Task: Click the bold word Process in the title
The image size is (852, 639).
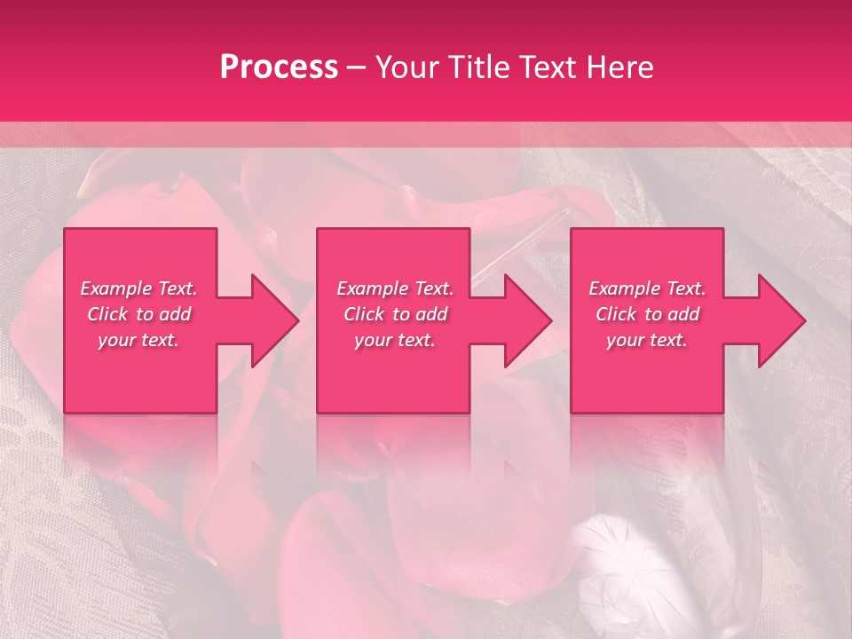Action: pyautogui.click(x=279, y=67)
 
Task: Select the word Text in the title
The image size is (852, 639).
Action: pyautogui.click(x=547, y=67)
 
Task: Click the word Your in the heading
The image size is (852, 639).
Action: pyautogui.click(x=406, y=67)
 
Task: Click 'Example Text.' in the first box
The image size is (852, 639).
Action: pyautogui.click(x=138, y=288)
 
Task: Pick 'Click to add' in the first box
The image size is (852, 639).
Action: pyautogui.click(x=138, y=314)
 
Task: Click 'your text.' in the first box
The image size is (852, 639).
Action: pyautogui.click(x=138, y=340)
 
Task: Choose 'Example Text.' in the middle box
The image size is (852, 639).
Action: pyautogui.click(x=395, y=288)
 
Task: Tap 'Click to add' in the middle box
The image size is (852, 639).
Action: pyautogui.click(x=395, y=314)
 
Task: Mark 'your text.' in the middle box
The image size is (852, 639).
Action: pyautogui.click(x=395, y=340)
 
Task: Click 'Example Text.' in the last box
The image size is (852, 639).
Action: pyautogui.click(x=647, y=288)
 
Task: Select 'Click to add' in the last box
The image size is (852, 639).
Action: pyautogui.click(x=647, y=314)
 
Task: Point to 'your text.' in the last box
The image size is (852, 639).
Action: pyautogui.click(x=647, y=340)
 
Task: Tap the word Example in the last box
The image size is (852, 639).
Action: pyautogui.click(x=624, y=288)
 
